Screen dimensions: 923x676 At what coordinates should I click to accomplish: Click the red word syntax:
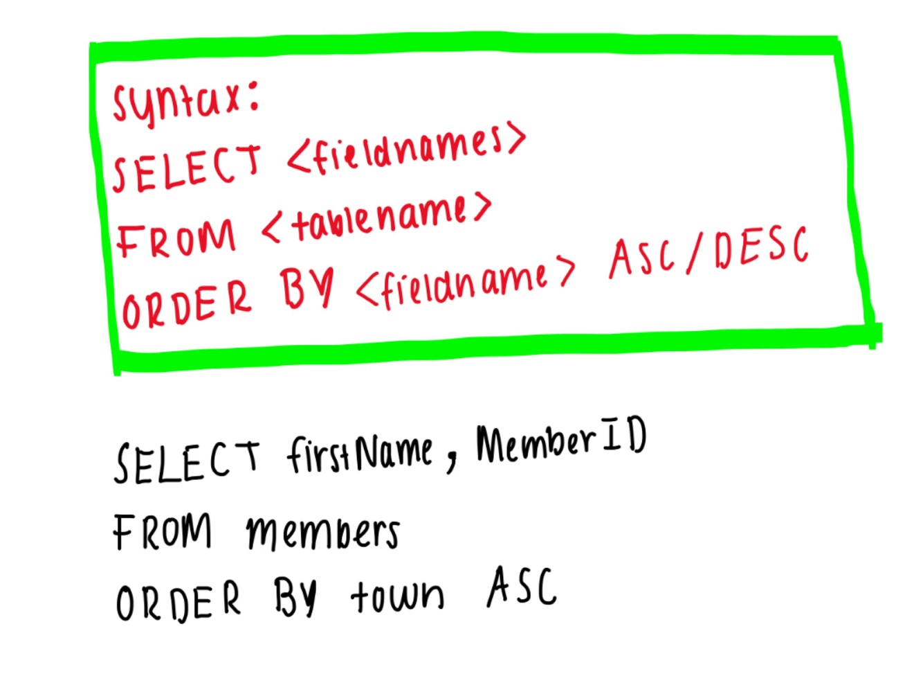pyautogui.click(x=185, y=103)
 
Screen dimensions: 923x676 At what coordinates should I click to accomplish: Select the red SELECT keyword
pyautogui.click(x=187, y=167)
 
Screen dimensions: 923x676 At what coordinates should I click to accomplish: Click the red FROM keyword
pyautogui.click(x=176, y=238)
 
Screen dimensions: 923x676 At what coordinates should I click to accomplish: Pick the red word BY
pyautogui.click(x=306, y=289)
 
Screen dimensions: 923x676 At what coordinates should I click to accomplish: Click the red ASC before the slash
pyautogui.click(x=643, y=258)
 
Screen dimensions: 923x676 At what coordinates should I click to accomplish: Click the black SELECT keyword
pyautogui.click(x=187, y=461)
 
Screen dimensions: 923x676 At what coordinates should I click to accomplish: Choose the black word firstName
pyautogui.click(x=360, y=454)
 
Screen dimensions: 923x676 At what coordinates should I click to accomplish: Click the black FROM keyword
pyautogui.click(x=163, y=532)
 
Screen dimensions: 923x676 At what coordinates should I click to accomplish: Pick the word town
pyautogui.click(x=397, y=596)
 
